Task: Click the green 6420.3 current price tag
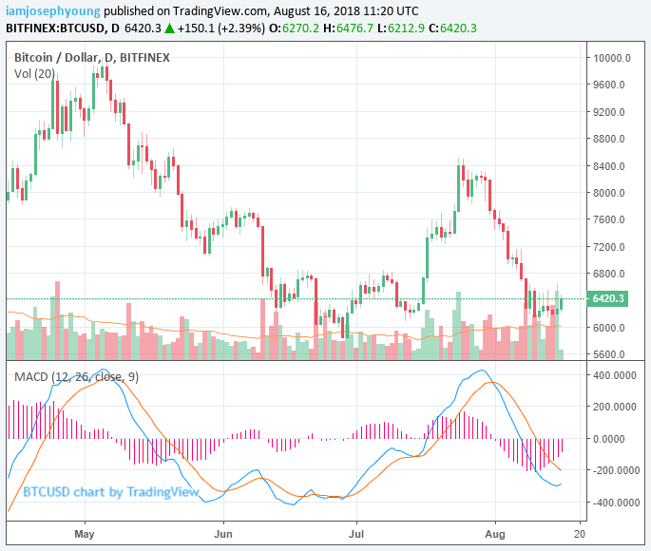[x=608, y=299]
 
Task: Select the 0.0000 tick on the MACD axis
[x=619, y=439]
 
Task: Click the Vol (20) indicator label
[x=34, y=73]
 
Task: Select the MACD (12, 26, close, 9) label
[x=75, y=377]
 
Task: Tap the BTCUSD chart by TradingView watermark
[x=111, y=492]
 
